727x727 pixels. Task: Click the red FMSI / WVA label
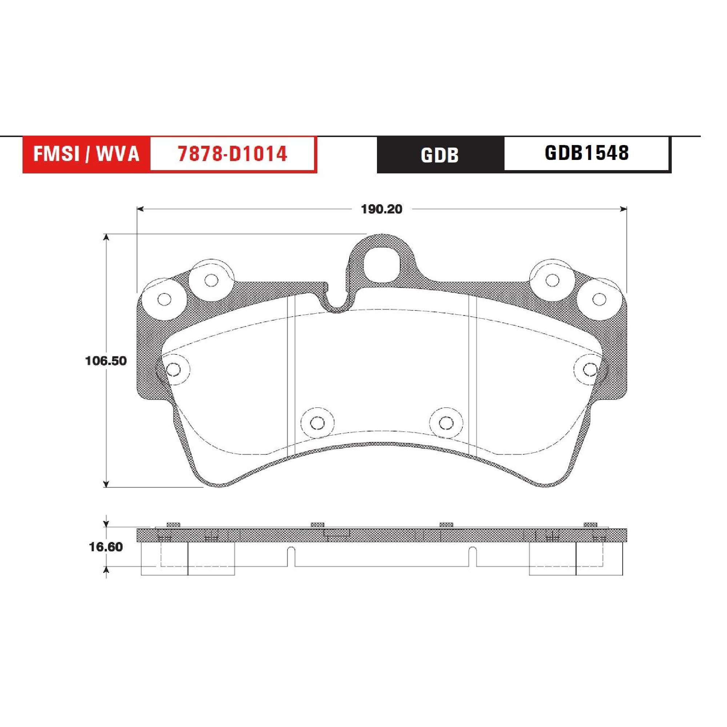coord(87,154)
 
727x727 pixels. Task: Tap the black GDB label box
coord(440,154)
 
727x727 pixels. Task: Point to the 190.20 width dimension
coord(382,209)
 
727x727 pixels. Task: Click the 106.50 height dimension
coord(106,361)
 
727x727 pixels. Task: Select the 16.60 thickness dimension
coord(106,547)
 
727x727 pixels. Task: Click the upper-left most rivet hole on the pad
coord(164,300)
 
